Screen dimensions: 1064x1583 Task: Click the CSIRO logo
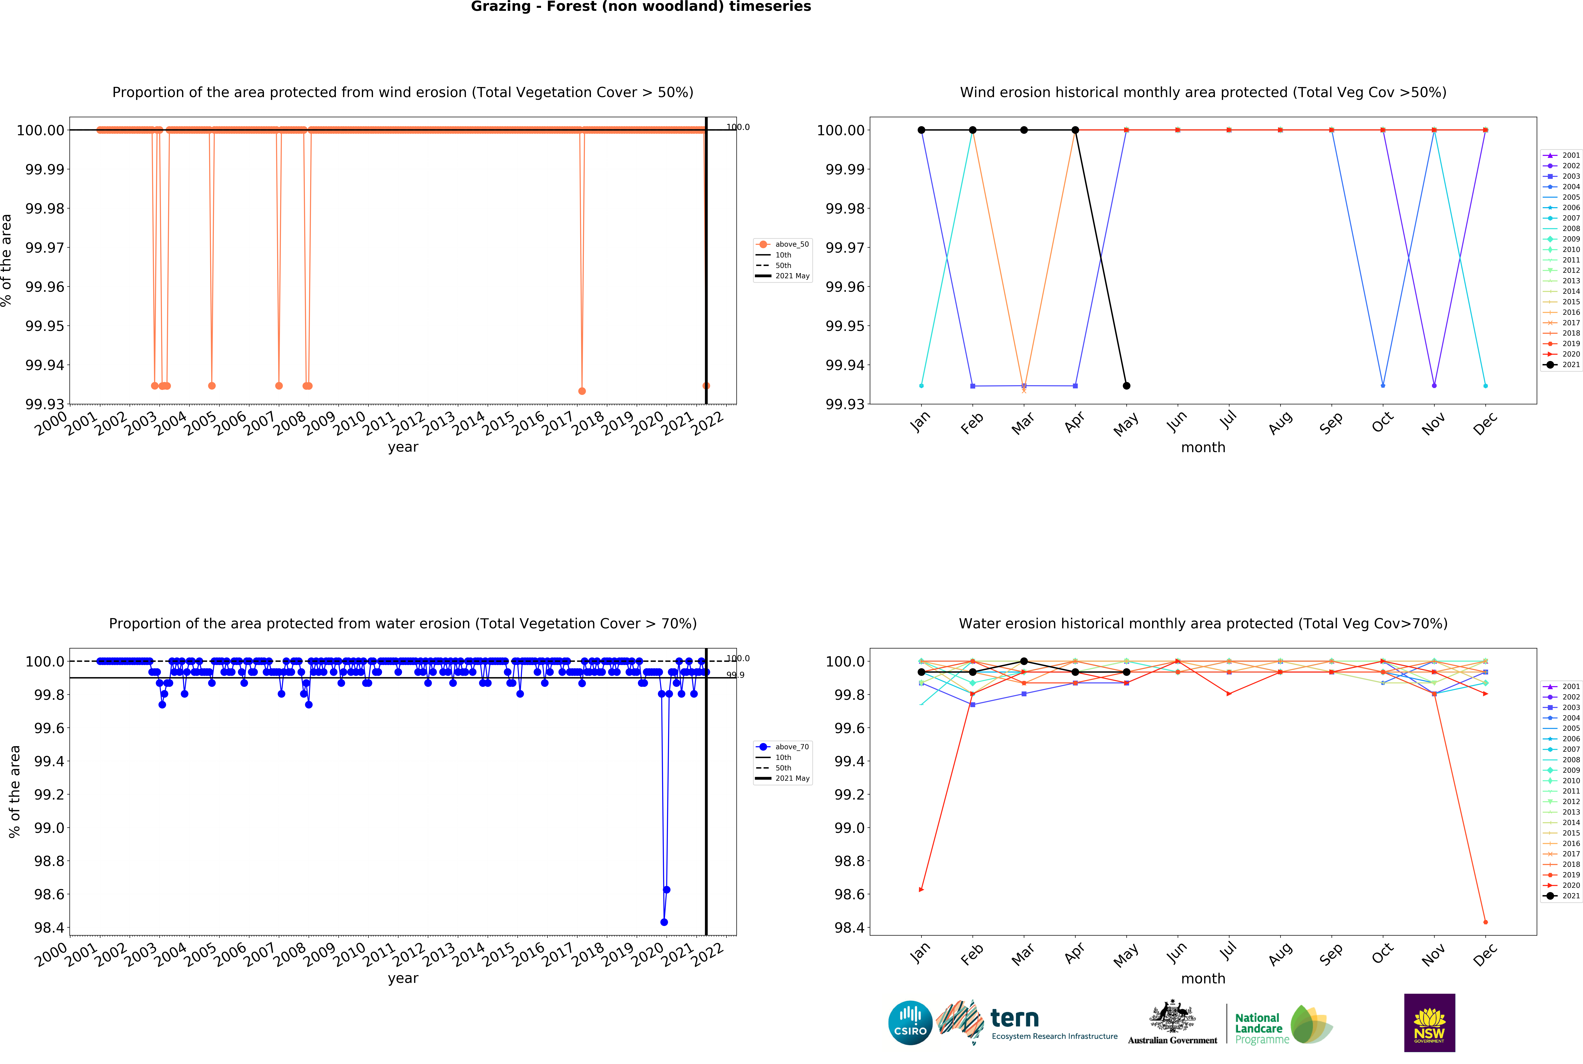click(910, 1023)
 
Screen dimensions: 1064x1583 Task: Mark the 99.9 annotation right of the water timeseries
click(735, 675)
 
